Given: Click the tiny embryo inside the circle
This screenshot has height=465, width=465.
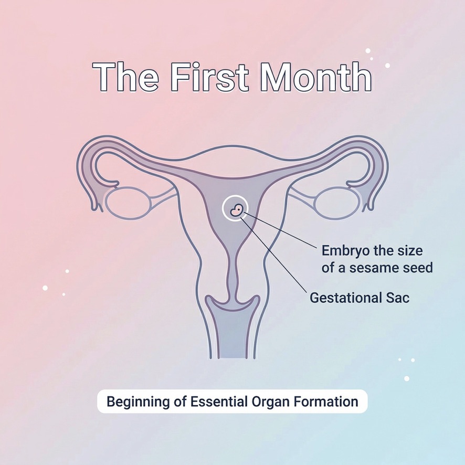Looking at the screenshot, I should [237, 209].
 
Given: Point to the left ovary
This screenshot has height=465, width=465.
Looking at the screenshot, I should [126, 203].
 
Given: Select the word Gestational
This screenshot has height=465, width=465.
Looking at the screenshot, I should [343, 298].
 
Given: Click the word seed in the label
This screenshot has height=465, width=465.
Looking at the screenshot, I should [416, 268].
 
